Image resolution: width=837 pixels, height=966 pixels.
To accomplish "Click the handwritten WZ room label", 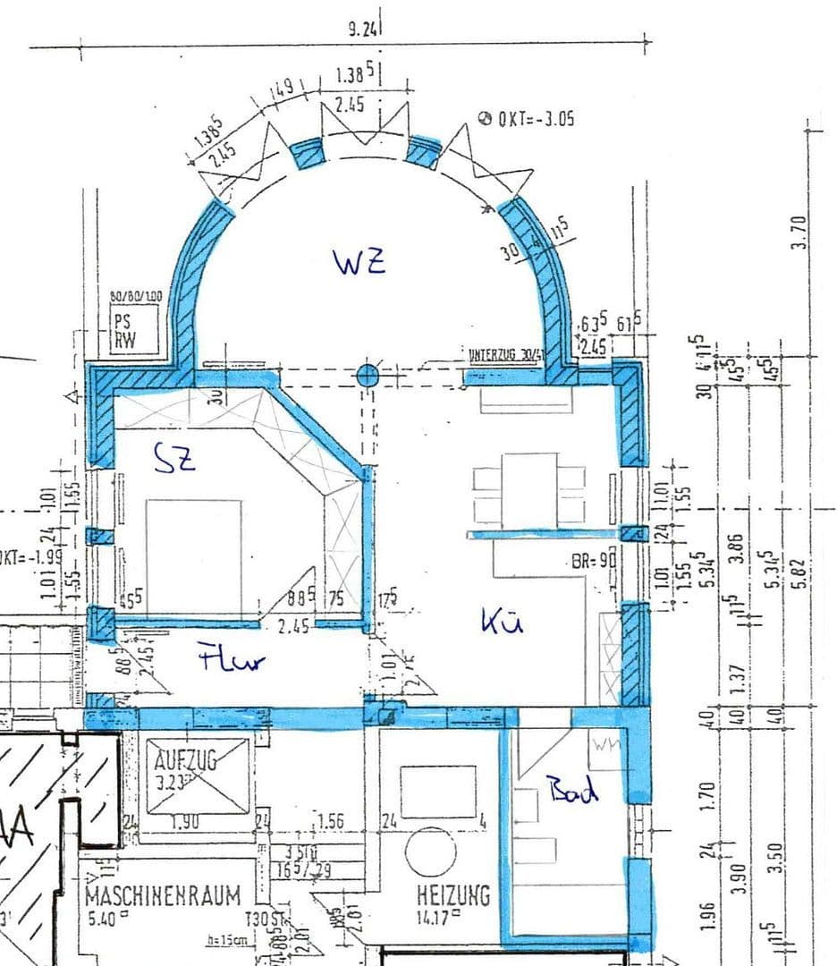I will click(x=359, y=262).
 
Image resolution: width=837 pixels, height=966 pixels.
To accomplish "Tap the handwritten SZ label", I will click(x=174, y=461).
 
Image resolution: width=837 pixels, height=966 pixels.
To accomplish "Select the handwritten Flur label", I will click(x=232, y=660).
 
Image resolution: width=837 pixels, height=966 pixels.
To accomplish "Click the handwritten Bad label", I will click(x=573, y=790).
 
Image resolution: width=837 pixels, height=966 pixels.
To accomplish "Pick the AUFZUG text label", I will click(x=187, y=761).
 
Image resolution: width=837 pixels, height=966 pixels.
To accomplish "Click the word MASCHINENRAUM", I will click(x=163, y=894).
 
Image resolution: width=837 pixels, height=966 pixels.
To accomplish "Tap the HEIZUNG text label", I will click(x=453, y=894).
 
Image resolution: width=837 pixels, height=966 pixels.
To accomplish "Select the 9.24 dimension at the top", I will click(x=362, y=29).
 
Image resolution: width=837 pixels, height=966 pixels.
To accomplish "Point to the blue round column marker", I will click(x=368, y=376).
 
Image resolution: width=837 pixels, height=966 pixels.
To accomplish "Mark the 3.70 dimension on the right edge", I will click(x=800, y=231).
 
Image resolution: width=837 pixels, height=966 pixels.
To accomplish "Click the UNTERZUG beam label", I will click(x=505, y=354).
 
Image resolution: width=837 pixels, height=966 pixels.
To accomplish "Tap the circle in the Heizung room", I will click(x=430, y=851).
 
